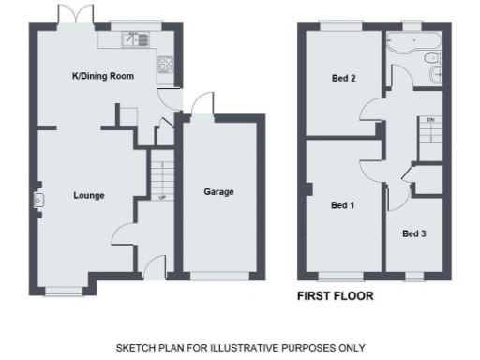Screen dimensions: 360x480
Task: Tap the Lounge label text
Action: pyautogui.click(x=89, y=195)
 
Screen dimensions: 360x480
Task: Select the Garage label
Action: pyautogui.click(x=218, y=192)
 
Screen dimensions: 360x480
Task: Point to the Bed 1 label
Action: pyautogui.click(x=342, y=203)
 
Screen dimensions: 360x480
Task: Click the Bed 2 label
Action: pyautogui.click(x=343, y=79)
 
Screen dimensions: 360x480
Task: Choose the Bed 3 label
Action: pyautogui.click(x=414, y=233)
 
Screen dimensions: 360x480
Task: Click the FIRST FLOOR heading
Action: pyautogui.click(x=335, y=296)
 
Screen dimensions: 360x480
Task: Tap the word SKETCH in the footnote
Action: pyautogui.click(x=136, y=347)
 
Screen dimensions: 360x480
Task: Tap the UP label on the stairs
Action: pyautogui.click(x=162, y=198)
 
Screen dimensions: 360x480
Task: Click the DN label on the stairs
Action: pyautogui.click(x=430, y=120)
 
